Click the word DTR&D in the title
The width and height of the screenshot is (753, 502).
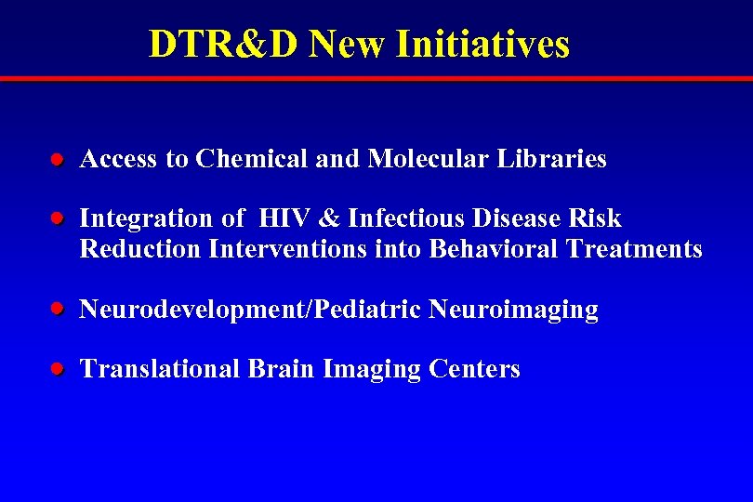[x=223, y=44]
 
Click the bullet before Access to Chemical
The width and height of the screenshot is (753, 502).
[x=57, y=160]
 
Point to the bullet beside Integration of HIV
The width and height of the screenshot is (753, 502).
[x=57, y=219]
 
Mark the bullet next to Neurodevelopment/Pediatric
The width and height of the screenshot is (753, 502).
[x=57, y=310]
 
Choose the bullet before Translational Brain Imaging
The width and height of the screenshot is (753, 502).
[x=57, y=369]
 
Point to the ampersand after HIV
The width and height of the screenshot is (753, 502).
[x=329, y=219]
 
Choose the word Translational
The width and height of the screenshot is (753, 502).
[x=161, y=369]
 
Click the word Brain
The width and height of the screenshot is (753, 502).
[x=282, y=369]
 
